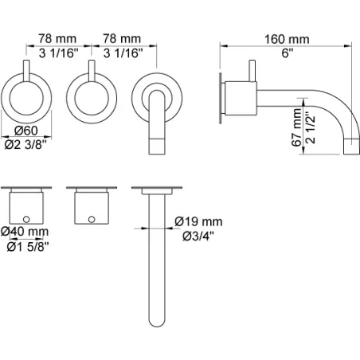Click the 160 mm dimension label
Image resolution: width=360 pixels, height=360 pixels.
(287, 39)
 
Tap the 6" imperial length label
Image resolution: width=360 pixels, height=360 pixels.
(287, 53)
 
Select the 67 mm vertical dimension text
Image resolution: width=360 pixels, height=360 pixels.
(296, 127)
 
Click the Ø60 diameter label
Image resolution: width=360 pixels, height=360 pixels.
(26, 131)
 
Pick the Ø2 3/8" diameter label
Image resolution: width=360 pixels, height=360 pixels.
(25, 145)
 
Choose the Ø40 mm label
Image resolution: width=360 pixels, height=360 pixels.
(25, 232)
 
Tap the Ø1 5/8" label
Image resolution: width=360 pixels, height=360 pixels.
(28, 247)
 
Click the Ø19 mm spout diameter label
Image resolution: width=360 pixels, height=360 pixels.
(198, 221)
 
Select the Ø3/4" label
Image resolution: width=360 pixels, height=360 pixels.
(198, 236)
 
